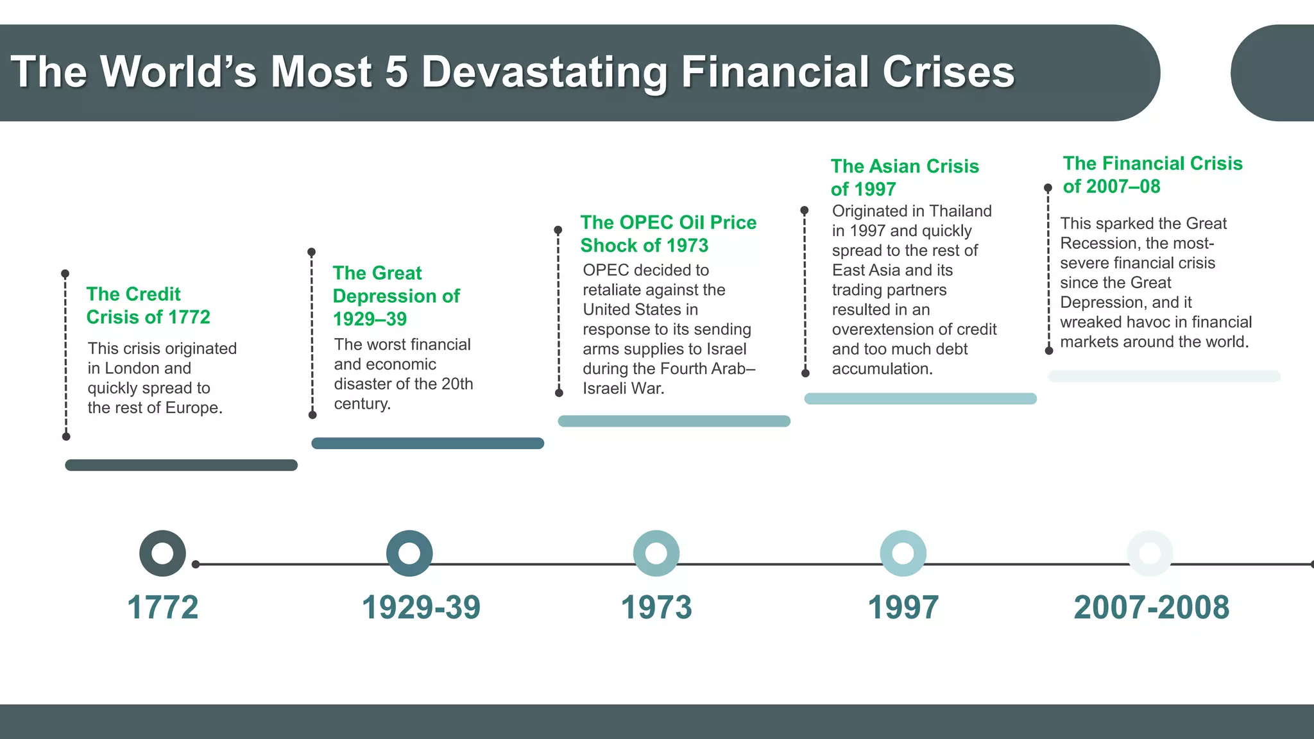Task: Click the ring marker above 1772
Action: (162, 553)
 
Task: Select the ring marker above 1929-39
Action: (409, 553)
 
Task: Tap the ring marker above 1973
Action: (656, 553)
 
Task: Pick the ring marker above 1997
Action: (903, 553)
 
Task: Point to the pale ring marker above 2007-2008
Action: (1150, 553)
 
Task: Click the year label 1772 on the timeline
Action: (162, 607)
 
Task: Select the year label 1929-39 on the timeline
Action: (421, 607)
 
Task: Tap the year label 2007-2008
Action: (1151, 607)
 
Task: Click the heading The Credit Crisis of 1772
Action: (148, 305)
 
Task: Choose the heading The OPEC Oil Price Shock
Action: (668, 234)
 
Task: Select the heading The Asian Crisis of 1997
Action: (905, 177)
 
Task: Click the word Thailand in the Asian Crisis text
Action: (960, 211)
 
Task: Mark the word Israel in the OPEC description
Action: (725, 349)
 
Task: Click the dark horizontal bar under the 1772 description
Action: (181, 465)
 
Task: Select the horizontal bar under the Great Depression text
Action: (427, 443)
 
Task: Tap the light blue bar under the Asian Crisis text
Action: (920, 398)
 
